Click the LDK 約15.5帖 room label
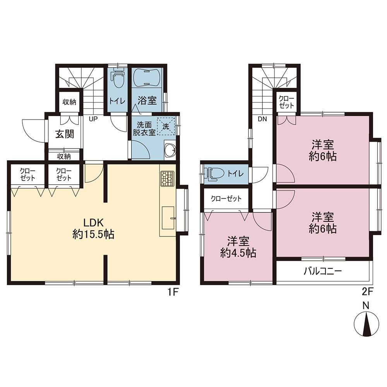pos(93,229)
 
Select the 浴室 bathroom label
pos(147,101)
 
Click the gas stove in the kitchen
pos(167,178)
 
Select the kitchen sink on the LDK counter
pos(168,218)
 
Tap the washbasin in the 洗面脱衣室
pos(170,150)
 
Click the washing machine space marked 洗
pos(166,127)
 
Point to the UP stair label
pos(93,119)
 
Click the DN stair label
pos(262,119)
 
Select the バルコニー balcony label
pos(323,272)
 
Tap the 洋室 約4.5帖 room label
pos(238,247)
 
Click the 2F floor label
pos(367,292)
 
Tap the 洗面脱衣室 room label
pos(144,128)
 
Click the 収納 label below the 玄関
pos(64,156)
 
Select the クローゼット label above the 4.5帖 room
pos(226,199)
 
